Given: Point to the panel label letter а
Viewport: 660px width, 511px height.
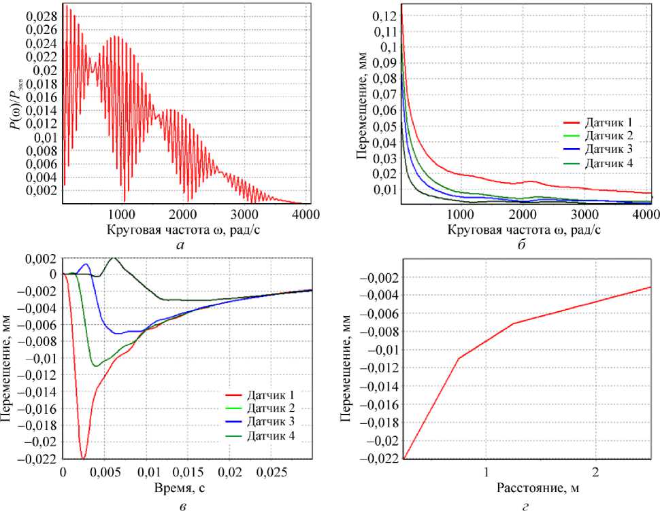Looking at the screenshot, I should click(x=180, y=244).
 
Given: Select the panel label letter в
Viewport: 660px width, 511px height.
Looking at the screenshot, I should click(x=180, y=504).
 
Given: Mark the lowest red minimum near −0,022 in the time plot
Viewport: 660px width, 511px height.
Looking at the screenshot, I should click(x=83, y=459).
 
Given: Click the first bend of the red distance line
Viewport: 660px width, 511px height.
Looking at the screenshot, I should click(x=458, y=358).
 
